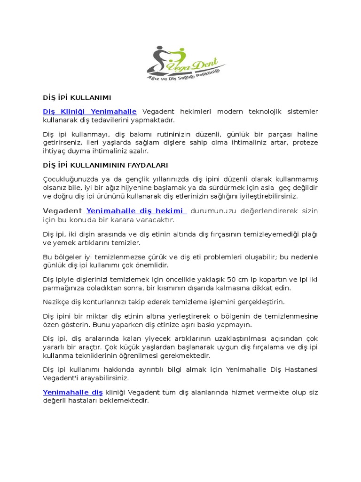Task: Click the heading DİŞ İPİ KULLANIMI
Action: pyautogui.click(x=77, y=98)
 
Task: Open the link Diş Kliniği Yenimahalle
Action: pyautogui.click(x=90, y=112)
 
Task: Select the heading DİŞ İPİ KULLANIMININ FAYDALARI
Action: pyautogui.click(x=105, y=165)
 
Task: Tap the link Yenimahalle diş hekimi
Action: pyautogui.click(x=136, y=211)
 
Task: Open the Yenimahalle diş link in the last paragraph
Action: pyautogui.click(x=73, y=392)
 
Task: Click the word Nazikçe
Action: pyautogui.click(x=56, y=302)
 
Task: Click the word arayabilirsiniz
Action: pyautogui.click(x=104, y=378)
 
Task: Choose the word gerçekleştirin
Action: pyautogui.click(x=256, y=302)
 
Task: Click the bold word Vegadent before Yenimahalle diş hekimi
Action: pyautogui.click(x=63, y=211)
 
